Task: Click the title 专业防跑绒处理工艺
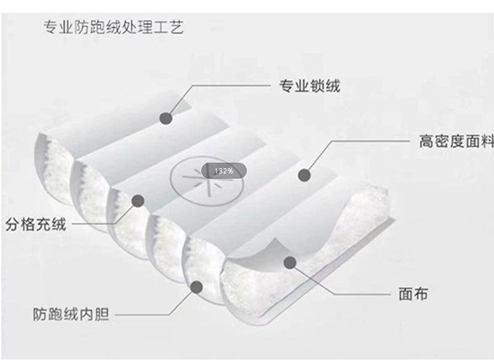coord(113,28)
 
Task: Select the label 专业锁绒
coord(309,86)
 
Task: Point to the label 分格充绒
coord(36,224)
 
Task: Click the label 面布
coord(413,293)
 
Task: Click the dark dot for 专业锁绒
coord(166,117)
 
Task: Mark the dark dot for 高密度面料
coord(305,175)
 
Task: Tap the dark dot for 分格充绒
coord(138,201)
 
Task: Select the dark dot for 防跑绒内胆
coord(196,287)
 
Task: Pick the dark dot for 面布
coord(288,262)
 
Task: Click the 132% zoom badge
coord(223,171)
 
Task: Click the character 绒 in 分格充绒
coord(58,224)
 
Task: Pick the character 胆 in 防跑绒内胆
coord(102,314)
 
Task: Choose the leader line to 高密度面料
coord(369,141)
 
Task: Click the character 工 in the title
coord(161,28)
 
